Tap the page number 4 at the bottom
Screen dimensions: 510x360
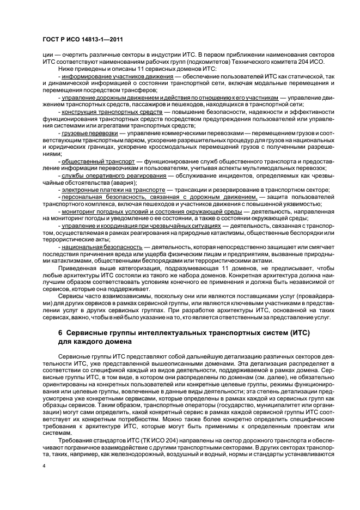click(x=44, y=466)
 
